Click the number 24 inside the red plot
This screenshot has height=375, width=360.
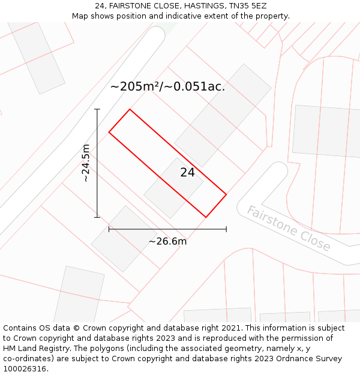[188, 173]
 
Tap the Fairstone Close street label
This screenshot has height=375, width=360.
[288, 229]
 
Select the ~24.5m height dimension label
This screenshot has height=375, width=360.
[86, 163]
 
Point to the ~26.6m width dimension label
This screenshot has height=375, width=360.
[167, 241]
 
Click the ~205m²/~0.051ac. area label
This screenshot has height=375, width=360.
[167, 86]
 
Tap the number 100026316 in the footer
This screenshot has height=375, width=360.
[25, 369]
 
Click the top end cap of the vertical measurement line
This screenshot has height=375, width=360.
[97, 109]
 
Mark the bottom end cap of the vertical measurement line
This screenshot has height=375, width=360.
[97, 217]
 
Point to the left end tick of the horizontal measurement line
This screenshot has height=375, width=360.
[109, 229]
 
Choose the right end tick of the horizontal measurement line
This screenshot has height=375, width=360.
[226, 229]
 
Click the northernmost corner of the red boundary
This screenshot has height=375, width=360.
[130, 109]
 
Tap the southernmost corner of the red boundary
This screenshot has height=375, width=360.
[206, 217]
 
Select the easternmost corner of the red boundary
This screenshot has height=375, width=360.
[226, 194]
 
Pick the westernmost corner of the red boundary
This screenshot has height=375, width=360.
[109, 132]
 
